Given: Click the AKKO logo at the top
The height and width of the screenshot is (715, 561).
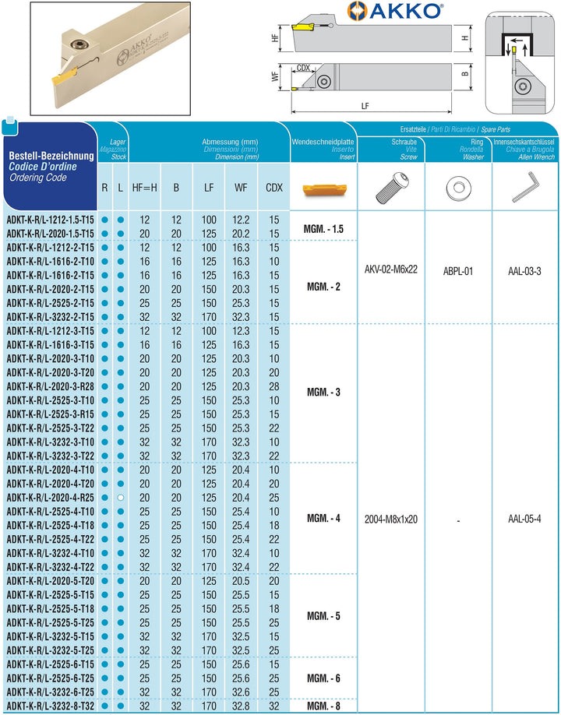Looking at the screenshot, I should pyautogui.click(x=395, y=11).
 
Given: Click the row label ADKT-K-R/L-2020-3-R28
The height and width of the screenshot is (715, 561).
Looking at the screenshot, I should pyautogui.click(x=50, y=386).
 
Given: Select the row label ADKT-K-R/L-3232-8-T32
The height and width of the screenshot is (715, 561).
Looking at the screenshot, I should pyautogui.click(x=50, y=706).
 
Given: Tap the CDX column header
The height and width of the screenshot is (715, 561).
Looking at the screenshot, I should pyautogui.click(x=273, y=188).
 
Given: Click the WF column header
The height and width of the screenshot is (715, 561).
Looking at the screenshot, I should pyautogui.click(x=242, y=188).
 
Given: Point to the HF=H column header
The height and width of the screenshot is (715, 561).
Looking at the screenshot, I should pyautogui.click(x=144, y=188).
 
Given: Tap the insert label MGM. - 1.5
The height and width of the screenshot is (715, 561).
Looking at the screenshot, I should pyautogui.click(x=323, y=230).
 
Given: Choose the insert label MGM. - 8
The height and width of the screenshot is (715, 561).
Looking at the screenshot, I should pyautogui.click(x=323, y=706).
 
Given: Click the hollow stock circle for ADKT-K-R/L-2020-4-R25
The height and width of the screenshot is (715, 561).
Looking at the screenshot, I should pyautogui.click(x=120, y=497).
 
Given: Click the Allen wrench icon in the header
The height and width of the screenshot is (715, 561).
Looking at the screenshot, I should pyautogui.click(x=526, y=187).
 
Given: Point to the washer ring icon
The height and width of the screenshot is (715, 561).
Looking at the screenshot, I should pyautogui.click(x=458, y=187).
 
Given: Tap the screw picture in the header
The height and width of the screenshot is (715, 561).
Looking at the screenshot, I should pyautogui.click(x=391, y=187).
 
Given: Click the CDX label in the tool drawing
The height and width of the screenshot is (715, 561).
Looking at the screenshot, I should pyautogui.click(x=304, y=69).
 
